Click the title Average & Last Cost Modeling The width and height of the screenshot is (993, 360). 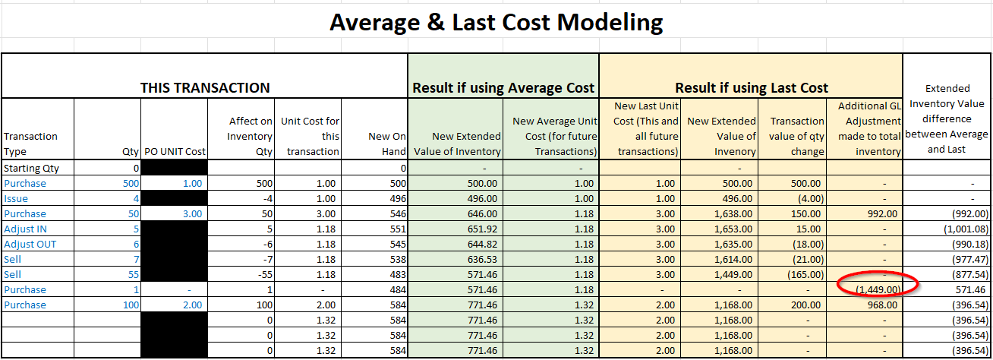[x=496, y=22]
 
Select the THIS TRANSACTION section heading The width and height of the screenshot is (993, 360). [x=205, y=88]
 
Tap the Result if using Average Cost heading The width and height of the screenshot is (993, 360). [x=503, y=88]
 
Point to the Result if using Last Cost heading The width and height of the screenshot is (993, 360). [x=752, y=88]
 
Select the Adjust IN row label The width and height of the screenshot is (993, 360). [x=25, y=229]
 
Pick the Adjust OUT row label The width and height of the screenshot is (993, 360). [x=30, y=245]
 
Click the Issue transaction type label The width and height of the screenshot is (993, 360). [x=16, y=199]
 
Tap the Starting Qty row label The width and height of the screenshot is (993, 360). [x=31, y=169]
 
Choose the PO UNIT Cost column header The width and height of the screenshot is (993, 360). [x=175, y=152]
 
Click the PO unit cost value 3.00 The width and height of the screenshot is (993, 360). [x=192, y=213]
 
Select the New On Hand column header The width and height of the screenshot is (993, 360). [x=387, y=144]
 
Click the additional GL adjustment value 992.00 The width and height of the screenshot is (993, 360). [x=882, y=213]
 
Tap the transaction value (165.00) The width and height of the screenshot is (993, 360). [x=805, y=275]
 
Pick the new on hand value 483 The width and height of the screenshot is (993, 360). [x=398, y=275]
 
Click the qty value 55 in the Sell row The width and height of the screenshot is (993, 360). [x=134, y=275]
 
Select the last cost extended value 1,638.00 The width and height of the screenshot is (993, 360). [x=733, y=213]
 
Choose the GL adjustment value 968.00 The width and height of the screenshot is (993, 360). [x=882, y=305]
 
